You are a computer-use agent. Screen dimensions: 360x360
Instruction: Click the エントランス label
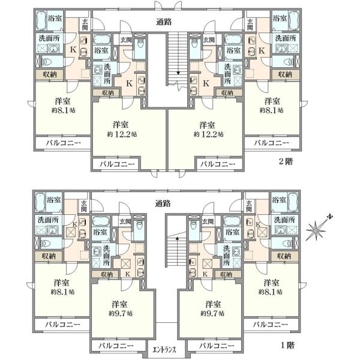point(164,350)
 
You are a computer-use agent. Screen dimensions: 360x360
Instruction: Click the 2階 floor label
point(286,161)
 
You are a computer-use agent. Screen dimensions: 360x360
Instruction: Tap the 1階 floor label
point(287,345)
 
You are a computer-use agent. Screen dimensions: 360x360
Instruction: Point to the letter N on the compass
point(330,217)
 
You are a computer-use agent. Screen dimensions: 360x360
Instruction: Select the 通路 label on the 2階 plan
point(164,22)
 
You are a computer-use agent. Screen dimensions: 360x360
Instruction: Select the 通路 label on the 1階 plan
point(163,203)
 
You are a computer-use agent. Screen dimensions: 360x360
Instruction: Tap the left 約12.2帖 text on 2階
point(122,134)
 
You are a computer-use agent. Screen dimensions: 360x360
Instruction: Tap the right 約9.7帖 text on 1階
point(212,313)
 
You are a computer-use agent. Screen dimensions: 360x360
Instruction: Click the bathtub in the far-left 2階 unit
point(41,20)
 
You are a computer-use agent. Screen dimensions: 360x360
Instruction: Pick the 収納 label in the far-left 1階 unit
point(49,256)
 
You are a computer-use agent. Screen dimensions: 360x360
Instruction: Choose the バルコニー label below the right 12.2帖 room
point(218,164)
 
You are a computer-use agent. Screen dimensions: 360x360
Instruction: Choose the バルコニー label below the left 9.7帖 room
point(116,346)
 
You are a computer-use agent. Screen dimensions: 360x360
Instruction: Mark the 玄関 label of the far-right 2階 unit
point(250,25)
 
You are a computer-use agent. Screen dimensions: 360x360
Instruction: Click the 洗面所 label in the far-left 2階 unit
point(49,38)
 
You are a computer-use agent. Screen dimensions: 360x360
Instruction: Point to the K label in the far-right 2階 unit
point(262,50)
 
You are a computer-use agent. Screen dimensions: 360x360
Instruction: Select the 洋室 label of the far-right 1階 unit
point(271,283)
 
